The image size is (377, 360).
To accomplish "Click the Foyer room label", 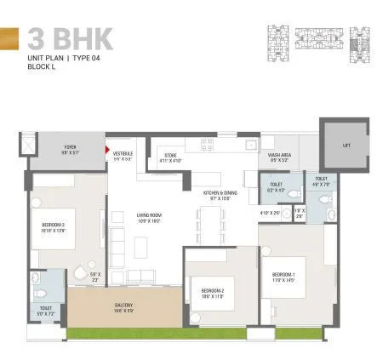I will [x=71, y=148].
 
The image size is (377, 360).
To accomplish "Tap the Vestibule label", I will [x=123, y=156].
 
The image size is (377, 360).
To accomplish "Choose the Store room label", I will [x=169, y=157].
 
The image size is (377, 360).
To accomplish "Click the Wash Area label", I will [x=279, y=157].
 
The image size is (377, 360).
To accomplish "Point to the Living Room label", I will [x=149, y=217].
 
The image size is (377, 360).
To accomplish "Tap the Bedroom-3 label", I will [x=53, y=227].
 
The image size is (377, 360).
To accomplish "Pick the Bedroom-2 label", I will [x=212, y=294].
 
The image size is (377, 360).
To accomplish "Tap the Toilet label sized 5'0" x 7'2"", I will [x=45, y=311].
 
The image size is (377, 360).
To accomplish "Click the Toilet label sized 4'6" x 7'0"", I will [x=321, y=181].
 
